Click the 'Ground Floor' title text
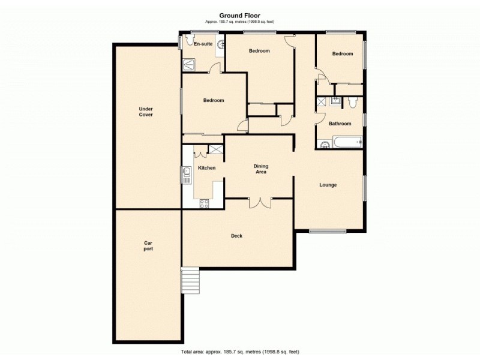pyautogui.click(x=239, y=16)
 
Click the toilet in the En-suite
pyautogui.click(x=190, y=41)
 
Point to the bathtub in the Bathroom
pyautogui.click(x=346, y=143)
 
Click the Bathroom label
pyautogui.click(x=340, y=124)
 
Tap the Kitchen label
pyautogui.click(x=206, y=168)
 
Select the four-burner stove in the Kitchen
pyautogui.click(x=205, y=203)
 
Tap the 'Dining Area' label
pyautogui.click(x=260, y=169)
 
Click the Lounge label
pyautogui.click(x=328, y=185)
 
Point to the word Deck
pyautogui.click(x=236, y=236)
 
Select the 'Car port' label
pyautogui.click(x=148, y=245)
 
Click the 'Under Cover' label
pyautogui.click(x=146, y=112)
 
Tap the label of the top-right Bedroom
pyautogui.click(x=343, y=54)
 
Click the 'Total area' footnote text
pyautogui.click(x=239, y=351)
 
